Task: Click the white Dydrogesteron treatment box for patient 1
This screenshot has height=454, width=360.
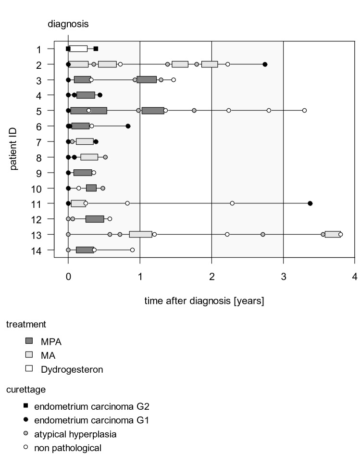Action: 78,49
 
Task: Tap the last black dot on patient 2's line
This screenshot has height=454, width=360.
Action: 265,64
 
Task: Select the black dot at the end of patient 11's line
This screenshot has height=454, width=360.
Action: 310,203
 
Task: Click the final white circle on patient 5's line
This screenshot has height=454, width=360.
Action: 304,111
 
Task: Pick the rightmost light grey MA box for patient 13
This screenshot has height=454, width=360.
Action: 333,234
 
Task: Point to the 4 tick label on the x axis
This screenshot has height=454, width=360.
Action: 355,278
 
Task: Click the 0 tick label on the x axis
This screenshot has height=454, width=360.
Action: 68,278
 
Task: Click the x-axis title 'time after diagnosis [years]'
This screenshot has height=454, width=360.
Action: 204,301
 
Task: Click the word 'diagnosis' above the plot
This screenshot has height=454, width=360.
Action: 67,23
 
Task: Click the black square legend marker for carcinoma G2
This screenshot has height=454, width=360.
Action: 26,405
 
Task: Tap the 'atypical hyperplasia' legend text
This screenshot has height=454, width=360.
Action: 78,434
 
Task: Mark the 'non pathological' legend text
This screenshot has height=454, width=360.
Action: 71,448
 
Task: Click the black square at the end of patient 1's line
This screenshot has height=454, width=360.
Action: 96,49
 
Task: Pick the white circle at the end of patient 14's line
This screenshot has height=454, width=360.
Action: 132,250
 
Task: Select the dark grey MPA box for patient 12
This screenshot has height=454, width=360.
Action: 95,219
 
